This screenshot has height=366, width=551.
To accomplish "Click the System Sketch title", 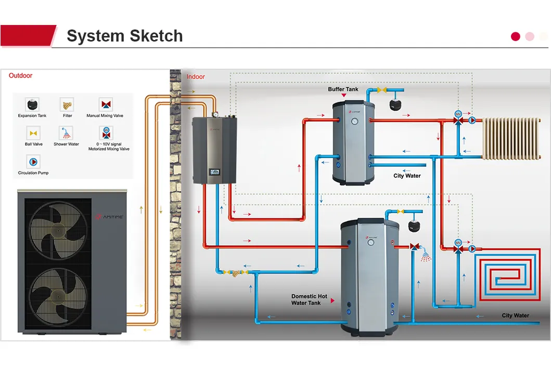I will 124,36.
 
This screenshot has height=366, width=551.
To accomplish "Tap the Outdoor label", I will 20,76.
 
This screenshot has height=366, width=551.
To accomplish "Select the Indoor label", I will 196,77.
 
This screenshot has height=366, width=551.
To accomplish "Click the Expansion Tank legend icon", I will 32,104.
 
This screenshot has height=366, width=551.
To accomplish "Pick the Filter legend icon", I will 67,104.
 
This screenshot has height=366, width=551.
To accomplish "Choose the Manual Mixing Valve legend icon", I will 106,104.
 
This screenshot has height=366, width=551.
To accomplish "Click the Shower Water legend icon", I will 67,133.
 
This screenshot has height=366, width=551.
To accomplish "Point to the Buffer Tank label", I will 343,89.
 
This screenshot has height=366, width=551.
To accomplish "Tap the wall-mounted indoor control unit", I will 214,150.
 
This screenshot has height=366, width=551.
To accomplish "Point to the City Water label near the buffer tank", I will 407,176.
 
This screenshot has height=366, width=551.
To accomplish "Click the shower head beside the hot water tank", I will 426,255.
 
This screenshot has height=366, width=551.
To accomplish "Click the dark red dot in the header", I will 516,36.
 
